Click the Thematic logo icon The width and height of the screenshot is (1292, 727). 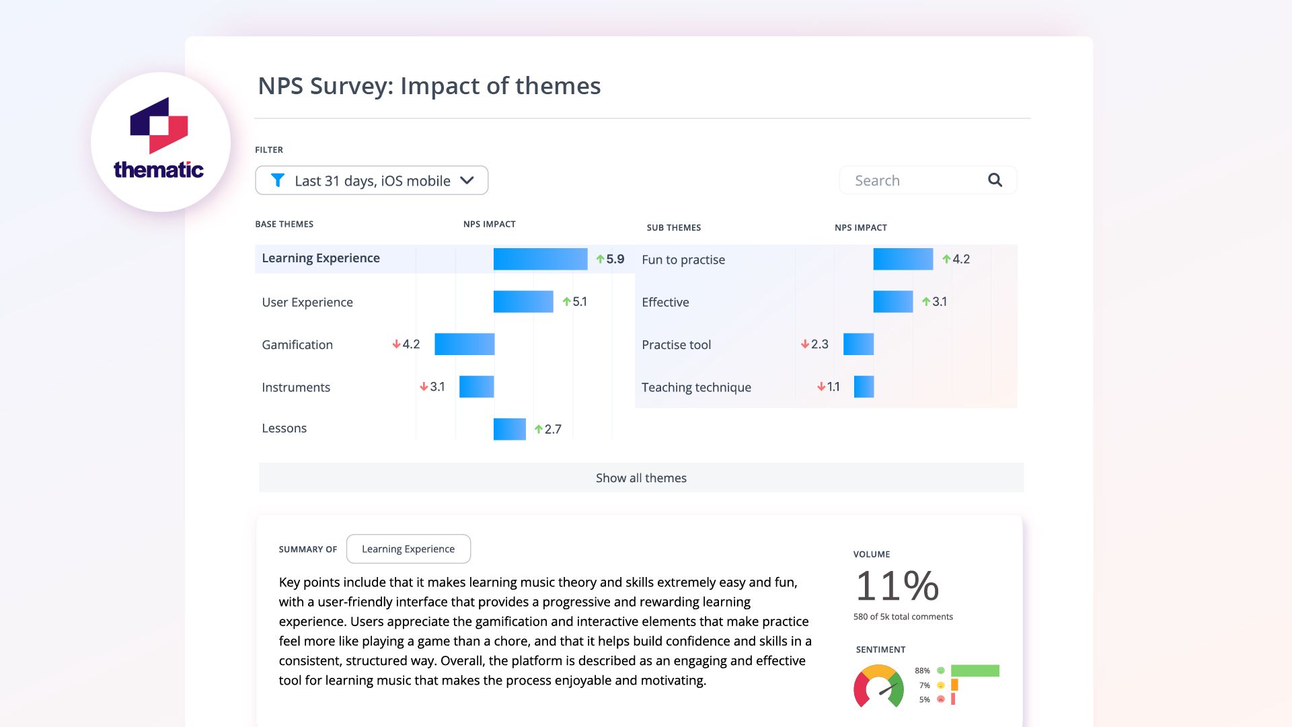pos(159,126)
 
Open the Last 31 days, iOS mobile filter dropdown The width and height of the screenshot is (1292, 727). pos(371,180)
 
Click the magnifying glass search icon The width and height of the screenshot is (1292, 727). pos(995,180)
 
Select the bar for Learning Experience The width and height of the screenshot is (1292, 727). pos(540,259)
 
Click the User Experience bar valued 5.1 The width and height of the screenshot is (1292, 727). pos(523,302)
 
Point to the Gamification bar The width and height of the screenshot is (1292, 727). pos(464,344)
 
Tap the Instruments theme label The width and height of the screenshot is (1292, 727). pos(296,387)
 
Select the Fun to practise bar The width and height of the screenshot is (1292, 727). pos(903,259)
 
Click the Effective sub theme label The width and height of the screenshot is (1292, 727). pos(665,302)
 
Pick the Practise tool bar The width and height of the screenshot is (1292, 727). pos(858,344)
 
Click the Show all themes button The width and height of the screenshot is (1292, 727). pos(641,477)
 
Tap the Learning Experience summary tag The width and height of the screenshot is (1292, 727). pos(408,549)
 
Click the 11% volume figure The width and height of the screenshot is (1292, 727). pos(897,586)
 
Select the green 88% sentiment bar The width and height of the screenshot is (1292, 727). pos(975,671)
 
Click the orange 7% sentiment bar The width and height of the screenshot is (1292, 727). pos(954,685)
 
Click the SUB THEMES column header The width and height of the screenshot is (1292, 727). pos(673,227)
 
